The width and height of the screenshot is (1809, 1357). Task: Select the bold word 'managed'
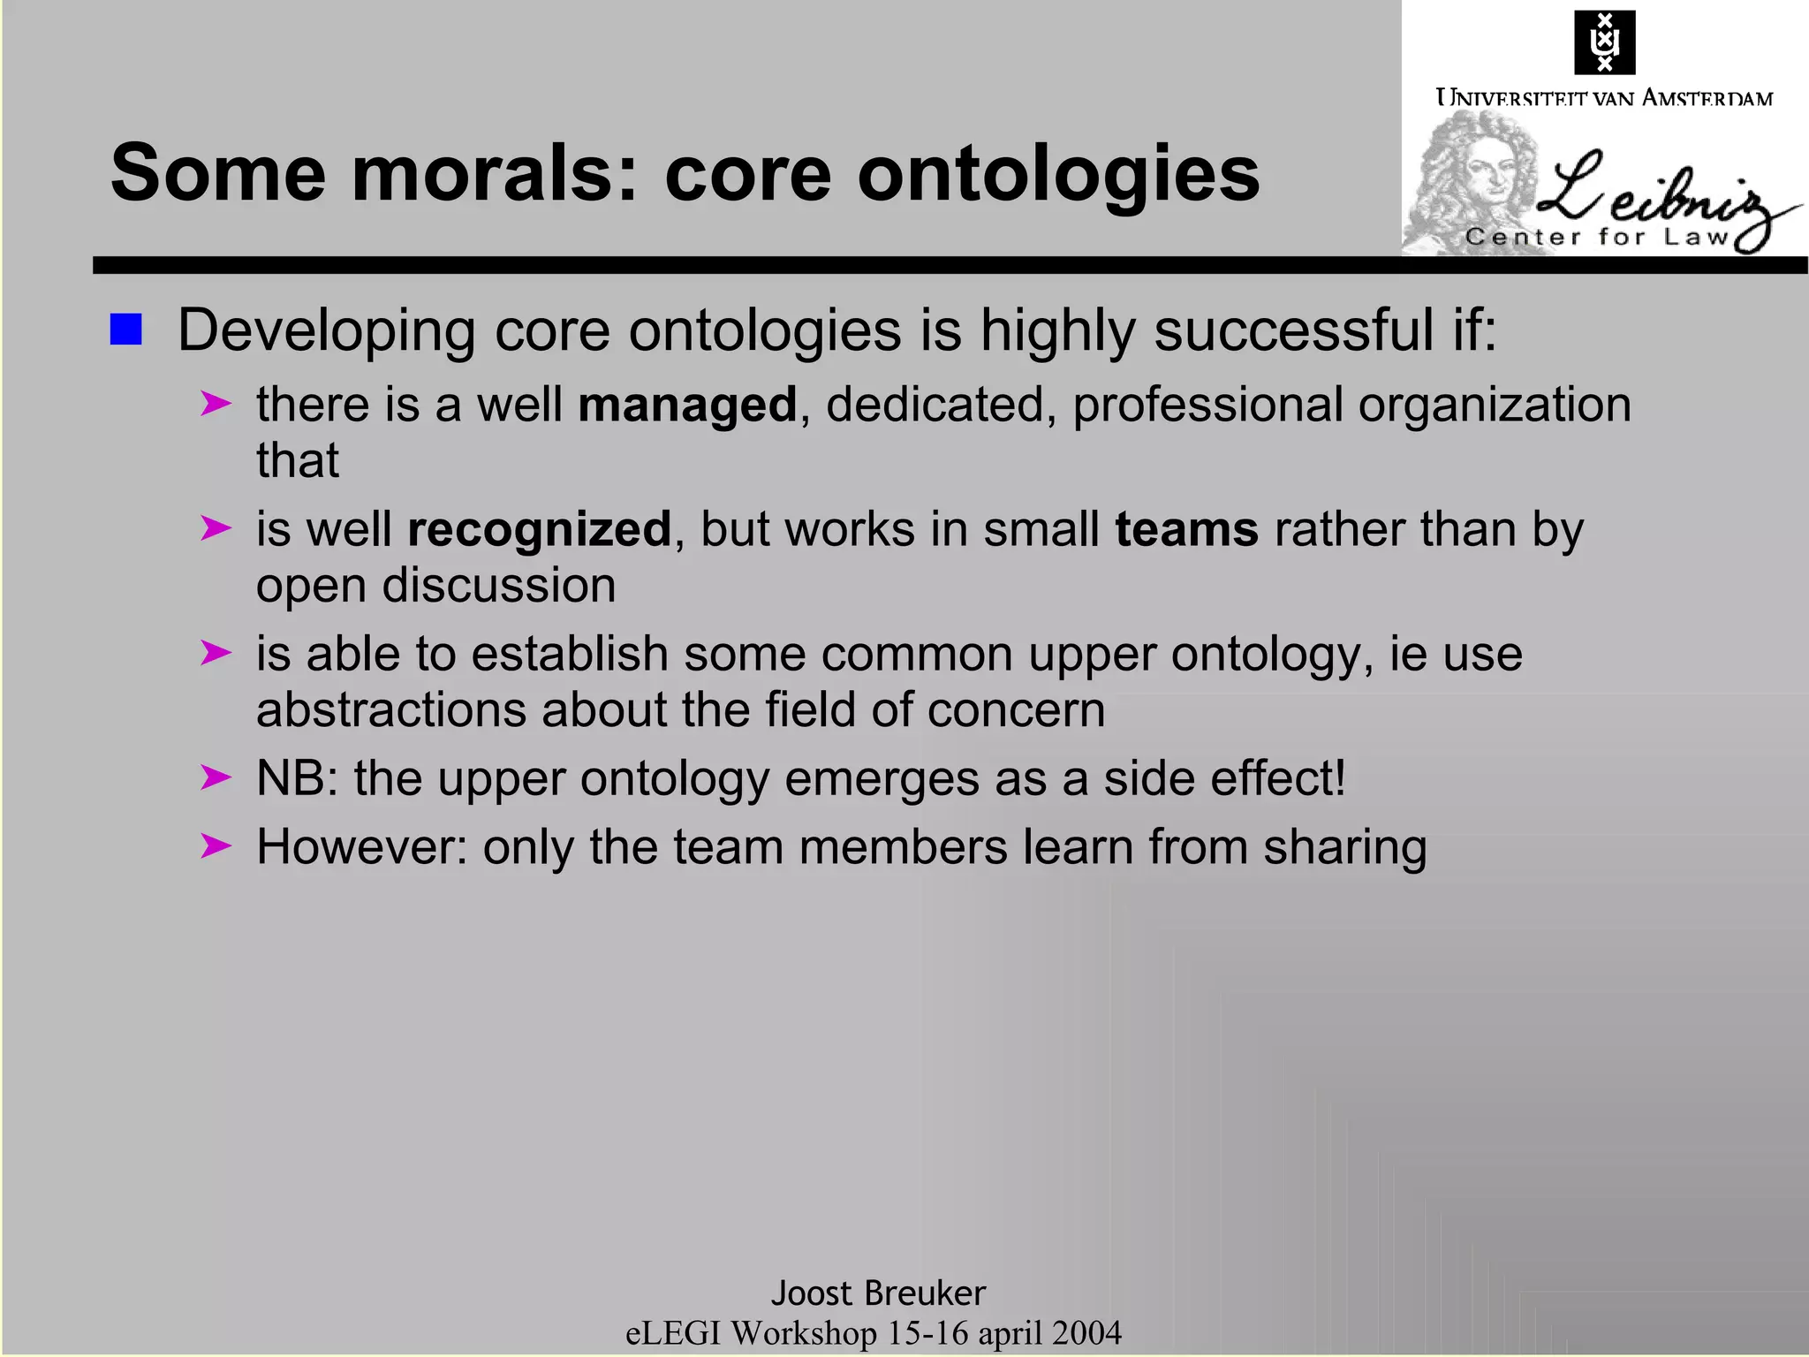687,406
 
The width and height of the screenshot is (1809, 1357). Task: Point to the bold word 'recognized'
539,530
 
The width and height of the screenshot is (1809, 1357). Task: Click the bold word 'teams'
1186,530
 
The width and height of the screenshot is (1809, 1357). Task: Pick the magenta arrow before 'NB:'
216,778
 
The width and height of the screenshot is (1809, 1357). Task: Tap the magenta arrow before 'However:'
216,846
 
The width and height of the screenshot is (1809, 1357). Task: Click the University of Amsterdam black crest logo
1604,42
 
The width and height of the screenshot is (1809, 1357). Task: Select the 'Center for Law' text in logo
1597,237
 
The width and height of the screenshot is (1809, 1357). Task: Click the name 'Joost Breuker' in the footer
878,1293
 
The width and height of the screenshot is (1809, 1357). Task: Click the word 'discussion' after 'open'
498,586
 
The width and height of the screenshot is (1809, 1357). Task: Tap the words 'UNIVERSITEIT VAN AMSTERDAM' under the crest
1604,97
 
